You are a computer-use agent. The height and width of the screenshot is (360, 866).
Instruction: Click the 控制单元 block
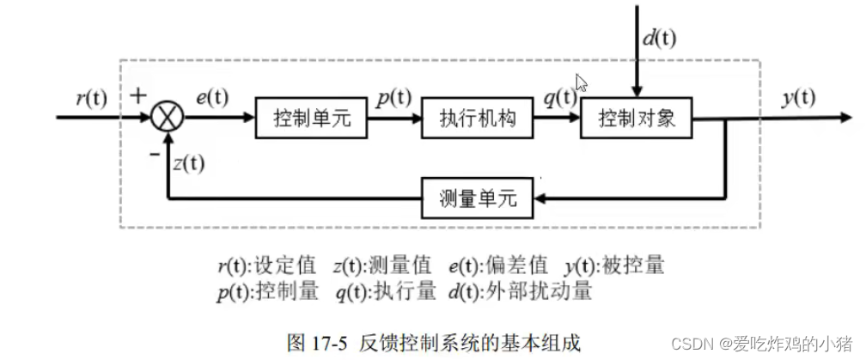pyautogui.click(x=308, y=118)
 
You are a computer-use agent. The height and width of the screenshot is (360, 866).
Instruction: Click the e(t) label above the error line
pyautogui.click(x=212, y=97)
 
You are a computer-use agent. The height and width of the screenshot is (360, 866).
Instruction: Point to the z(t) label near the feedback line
pyautogui.click(x=188, y=162)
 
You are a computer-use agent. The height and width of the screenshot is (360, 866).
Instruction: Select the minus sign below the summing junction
pyautogui.click(x=153, y=153)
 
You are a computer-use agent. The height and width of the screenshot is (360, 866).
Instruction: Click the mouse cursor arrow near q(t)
pyautogui.click(x=582, y=82)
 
